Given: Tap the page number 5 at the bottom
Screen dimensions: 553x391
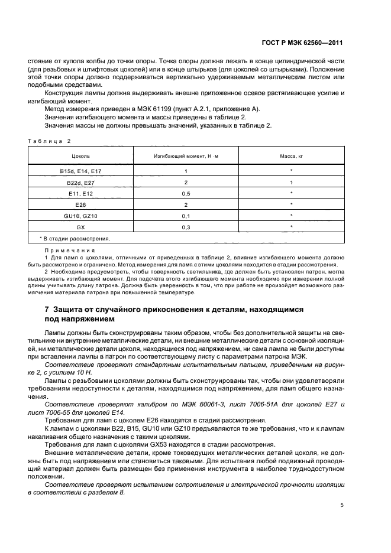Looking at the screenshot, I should (342, 505).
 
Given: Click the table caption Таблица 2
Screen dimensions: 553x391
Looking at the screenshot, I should (49, 141).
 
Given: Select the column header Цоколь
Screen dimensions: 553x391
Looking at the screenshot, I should (80, 157).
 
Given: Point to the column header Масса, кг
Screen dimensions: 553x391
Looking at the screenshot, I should (292, 157).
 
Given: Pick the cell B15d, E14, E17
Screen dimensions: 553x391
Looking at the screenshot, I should (80, 171).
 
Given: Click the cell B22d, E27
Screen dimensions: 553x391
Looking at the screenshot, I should (80, 183).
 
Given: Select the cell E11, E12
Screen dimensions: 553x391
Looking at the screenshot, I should (80, 193).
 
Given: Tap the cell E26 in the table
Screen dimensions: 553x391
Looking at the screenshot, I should (80, 204).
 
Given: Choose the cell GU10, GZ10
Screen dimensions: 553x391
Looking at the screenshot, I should (80, 216).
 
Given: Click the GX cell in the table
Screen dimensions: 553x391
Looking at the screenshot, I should (80, 227).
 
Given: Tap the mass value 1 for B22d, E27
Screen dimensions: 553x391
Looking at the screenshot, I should (292, 183).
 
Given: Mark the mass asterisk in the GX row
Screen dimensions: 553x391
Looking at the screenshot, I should (292, 227).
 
